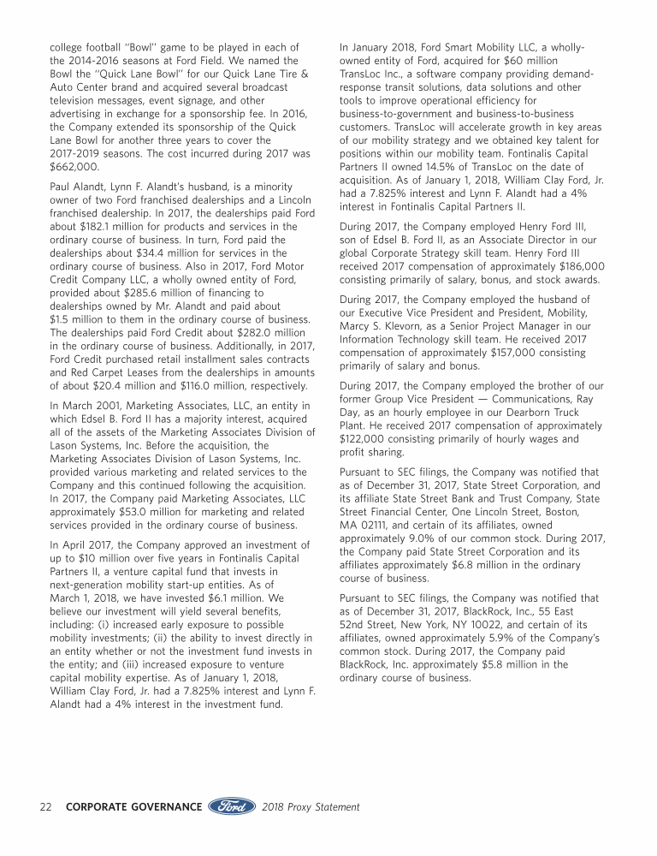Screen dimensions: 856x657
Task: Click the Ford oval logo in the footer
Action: [x=231, y=806]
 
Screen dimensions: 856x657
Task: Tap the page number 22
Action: [x=48, y=807]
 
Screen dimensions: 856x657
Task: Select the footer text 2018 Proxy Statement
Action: [x=311, y=807]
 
